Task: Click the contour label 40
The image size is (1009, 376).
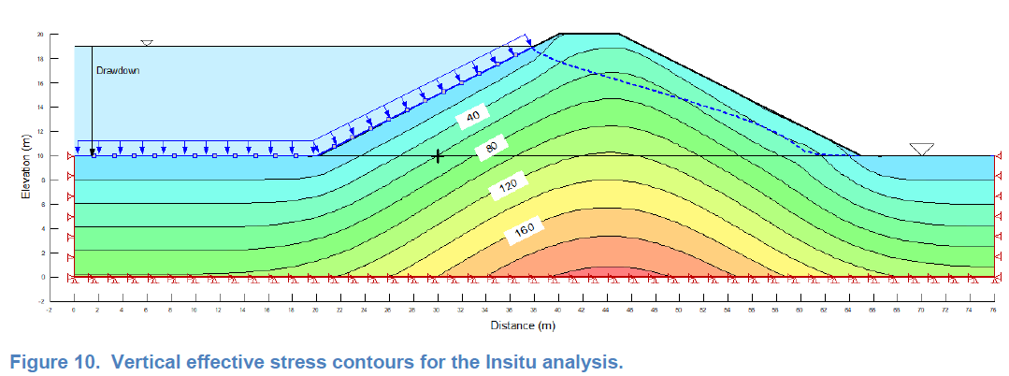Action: click(473, 116)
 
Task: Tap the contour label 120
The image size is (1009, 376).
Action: click(508, 187)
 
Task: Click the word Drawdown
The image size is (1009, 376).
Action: click(118, 70)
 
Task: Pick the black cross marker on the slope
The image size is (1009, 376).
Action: click(438, 156)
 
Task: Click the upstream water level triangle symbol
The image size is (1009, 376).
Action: click(146, 43)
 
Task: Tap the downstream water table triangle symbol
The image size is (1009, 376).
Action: click(922, 149)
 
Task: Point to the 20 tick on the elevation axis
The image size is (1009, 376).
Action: click(40, 34)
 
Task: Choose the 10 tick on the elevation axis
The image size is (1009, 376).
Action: click(40, 155)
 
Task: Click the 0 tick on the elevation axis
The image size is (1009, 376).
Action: click(42, 277)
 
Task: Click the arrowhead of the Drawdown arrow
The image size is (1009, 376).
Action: click(93, 150)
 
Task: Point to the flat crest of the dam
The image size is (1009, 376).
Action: click(589, 34)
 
